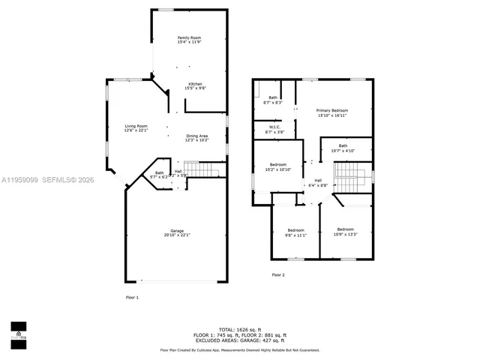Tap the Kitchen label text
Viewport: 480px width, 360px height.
click(195, 86)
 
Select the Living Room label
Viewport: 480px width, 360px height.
click(136, 128)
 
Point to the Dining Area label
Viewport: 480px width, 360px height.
click(196, 138)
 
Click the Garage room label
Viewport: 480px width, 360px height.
click(177, 232)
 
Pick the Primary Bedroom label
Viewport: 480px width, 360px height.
click(332, 113)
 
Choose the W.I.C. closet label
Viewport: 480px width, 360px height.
click(274, 130)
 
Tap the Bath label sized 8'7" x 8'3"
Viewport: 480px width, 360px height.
click(274, 100)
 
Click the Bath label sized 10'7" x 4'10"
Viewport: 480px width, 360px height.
click(343, 148)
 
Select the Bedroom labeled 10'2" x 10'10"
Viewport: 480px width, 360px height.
click(277, 166)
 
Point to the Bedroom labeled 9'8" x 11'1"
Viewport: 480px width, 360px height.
click(295, 232)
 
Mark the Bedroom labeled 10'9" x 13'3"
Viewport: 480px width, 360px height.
click(345, 232)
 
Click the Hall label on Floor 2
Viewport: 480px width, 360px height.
click(318, 182)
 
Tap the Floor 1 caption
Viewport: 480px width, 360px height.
click(132, 298)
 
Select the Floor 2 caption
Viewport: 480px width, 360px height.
click(278, 274)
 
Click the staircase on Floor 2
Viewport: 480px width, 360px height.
click(348, 180)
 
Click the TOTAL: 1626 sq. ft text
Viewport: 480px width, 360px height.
click(240, 329)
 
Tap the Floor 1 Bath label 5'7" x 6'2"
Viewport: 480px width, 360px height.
click(159, 175)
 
